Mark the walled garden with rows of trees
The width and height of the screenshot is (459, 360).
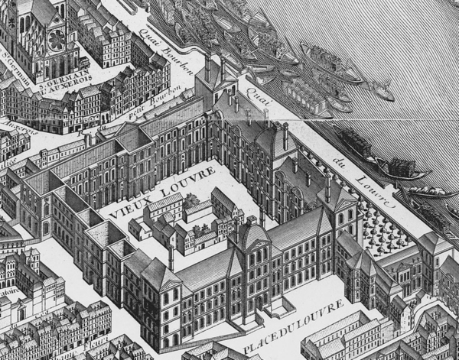382,226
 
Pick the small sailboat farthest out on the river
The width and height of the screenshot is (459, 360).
382,92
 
